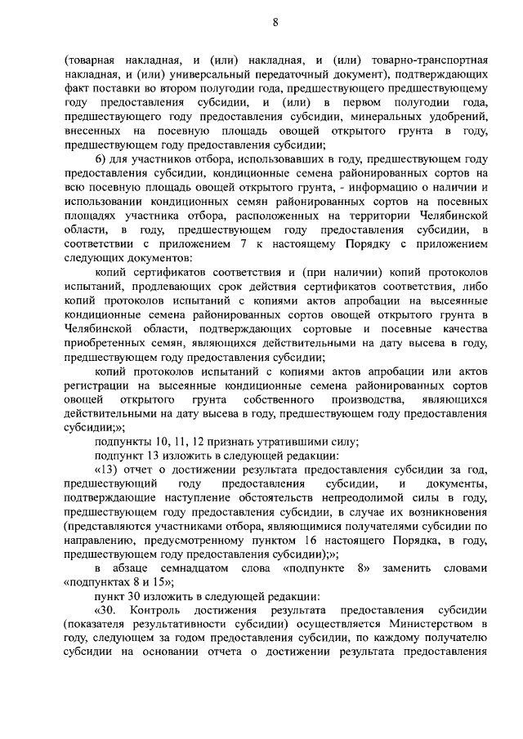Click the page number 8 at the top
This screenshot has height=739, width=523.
275,23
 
